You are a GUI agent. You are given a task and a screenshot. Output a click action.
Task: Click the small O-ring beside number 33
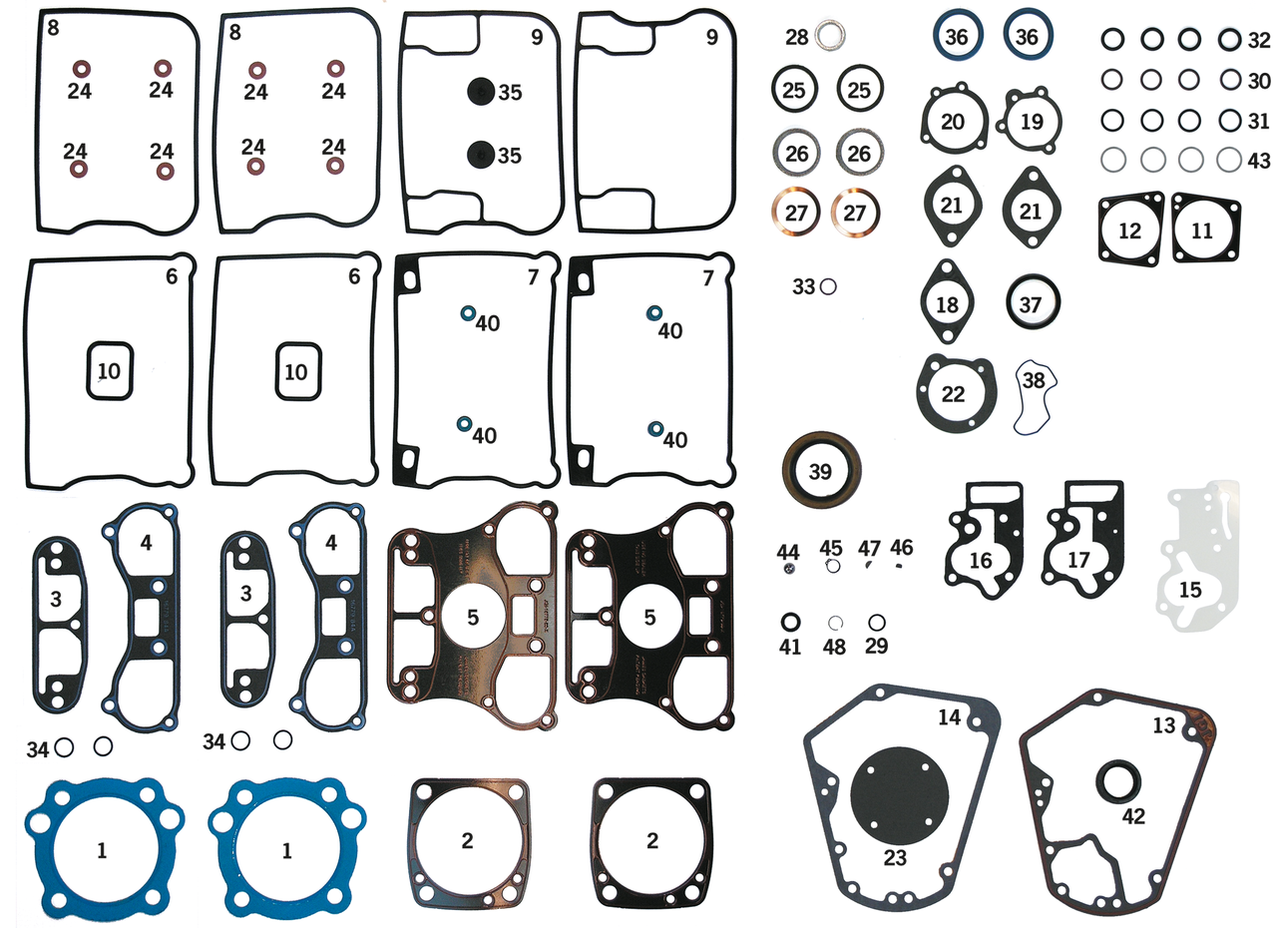pos(827,286)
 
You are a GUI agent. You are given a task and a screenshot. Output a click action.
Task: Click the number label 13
pos(1163,725)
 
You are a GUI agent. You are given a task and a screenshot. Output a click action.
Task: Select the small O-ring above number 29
pos(877,623)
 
